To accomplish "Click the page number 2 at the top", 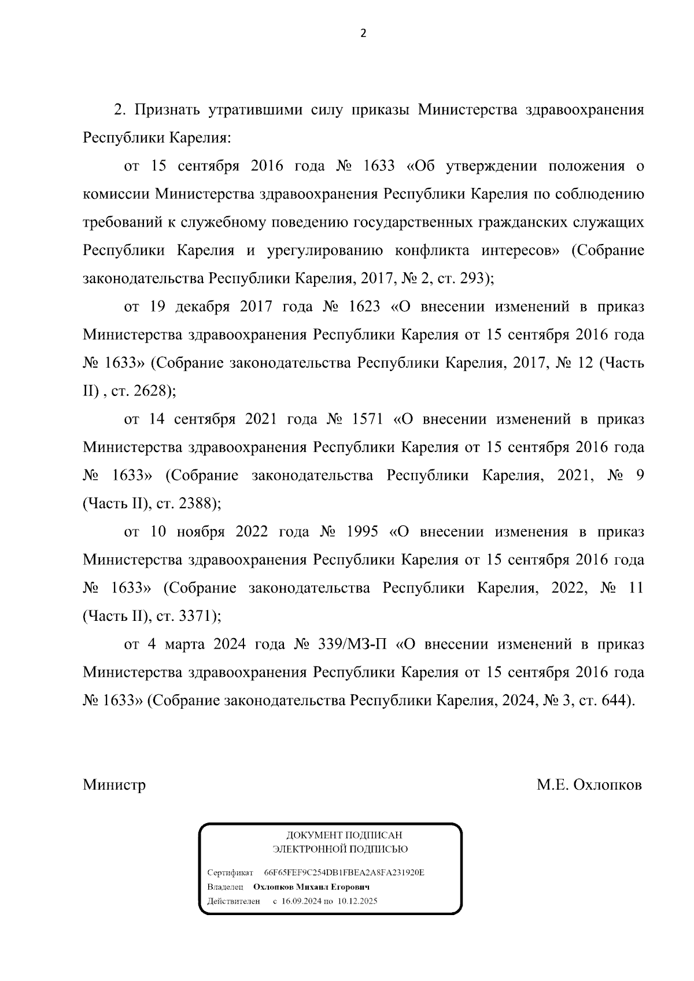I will coord(363,33).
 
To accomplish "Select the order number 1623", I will coord(364,306).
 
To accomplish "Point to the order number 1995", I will coord(361,532).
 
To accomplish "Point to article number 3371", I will coord(196,617).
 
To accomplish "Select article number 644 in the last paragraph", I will coord(614,701).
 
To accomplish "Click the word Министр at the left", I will coord(114,785).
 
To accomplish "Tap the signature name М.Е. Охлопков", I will coord(589,785).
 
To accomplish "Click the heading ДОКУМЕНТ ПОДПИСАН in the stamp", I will coord(344,835).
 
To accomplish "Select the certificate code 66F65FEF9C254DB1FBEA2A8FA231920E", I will coord(344,872).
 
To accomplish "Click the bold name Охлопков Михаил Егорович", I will coord(311,887).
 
